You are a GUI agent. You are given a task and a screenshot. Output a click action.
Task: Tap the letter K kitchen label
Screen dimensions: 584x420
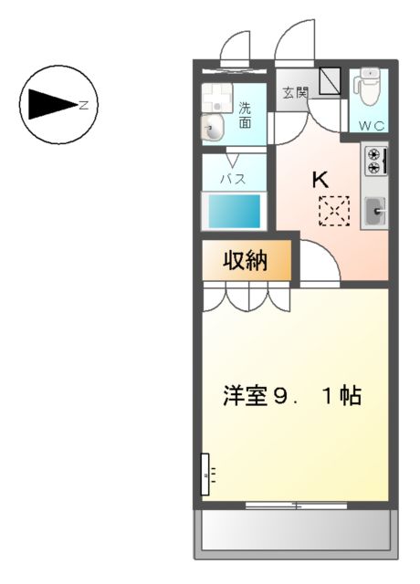pos(320,180)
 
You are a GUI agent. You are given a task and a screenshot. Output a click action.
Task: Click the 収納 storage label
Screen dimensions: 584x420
pos(245,261)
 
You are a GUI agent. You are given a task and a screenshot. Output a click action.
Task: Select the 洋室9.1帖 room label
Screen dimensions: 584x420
pos(293,396)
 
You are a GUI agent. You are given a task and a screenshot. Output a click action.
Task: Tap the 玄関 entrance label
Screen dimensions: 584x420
pos(294,93)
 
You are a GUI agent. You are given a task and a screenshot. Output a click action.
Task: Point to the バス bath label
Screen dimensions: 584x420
pos(235,179)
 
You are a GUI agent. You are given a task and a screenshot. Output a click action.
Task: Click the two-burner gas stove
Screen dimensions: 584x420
pos(373,162)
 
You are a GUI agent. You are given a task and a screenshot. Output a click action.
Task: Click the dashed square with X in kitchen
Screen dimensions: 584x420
pos(333,212)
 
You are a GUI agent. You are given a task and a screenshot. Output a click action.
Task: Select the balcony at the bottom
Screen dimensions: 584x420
pos(294,529)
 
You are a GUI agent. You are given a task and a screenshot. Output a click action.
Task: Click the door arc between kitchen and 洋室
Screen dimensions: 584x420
pos(320,265)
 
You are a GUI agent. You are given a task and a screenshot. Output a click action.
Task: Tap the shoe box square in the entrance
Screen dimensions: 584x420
pos(328,83)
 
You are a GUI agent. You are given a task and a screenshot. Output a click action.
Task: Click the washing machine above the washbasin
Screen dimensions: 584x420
pos(215,96)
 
